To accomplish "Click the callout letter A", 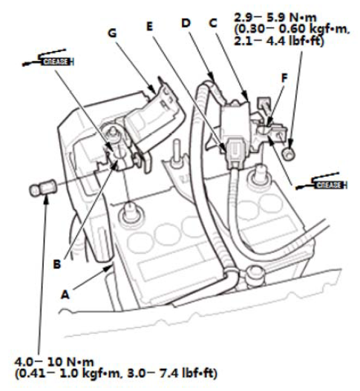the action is (65, 295).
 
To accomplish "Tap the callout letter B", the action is (57, 264).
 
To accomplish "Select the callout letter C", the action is (213, 23).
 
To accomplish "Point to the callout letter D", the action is (186, 23).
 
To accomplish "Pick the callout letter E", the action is (149, 27).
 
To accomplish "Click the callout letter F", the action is (284, 78).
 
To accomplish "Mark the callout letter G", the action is (112, 33).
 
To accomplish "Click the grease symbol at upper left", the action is (48, 58).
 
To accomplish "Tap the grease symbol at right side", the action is (321, 182).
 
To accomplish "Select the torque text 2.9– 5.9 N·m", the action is (275, 18).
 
